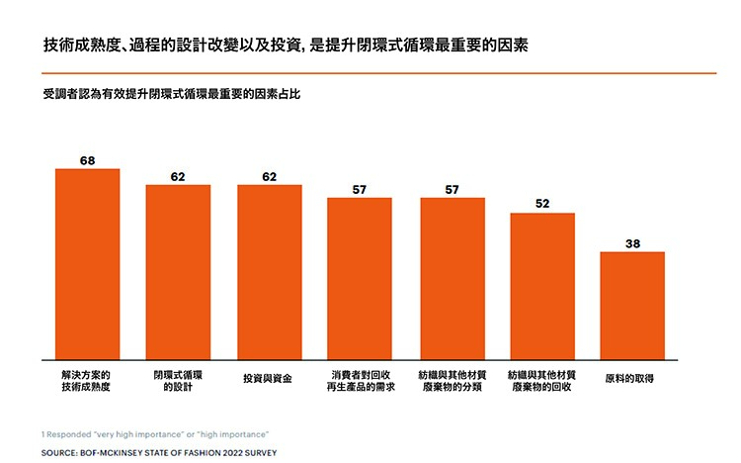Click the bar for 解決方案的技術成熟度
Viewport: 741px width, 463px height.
click(87, 264)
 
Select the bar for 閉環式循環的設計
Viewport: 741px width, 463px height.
click(178, 272)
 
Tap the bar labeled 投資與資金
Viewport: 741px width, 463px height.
click(270, 272)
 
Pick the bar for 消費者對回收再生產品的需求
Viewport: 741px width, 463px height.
click(360, 279)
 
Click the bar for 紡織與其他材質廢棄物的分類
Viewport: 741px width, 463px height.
click(453, 279)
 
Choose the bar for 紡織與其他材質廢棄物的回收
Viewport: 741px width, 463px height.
click(542, 286)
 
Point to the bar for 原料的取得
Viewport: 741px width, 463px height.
click(632, 306)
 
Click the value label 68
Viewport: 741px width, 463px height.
click(87, 159)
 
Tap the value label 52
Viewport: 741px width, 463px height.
click(542, 204)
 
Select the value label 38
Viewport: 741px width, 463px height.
click(632, 242)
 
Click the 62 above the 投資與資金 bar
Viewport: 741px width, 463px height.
click(270, 176)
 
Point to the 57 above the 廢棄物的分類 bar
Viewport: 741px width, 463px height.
click(453, 189)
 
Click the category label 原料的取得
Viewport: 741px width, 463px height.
click(632, 379)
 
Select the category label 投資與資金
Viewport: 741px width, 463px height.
click(270, 379)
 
